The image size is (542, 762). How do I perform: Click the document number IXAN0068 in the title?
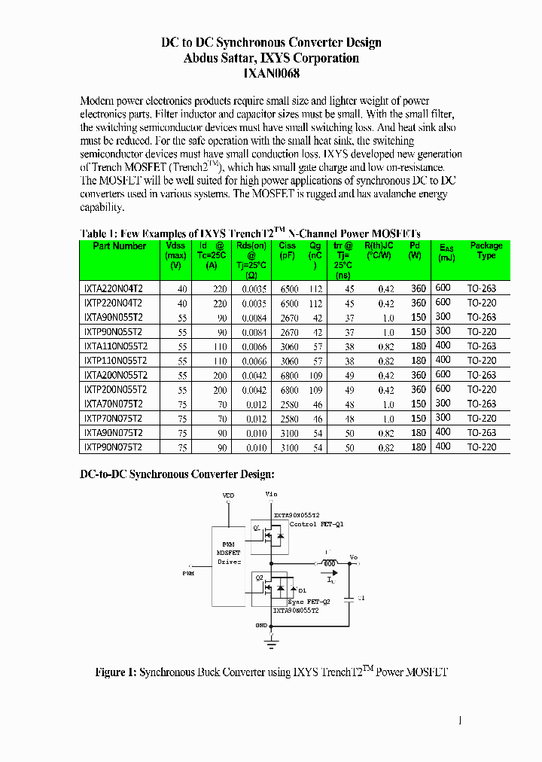click(272, 74)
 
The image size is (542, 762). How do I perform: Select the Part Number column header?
click(119, 246)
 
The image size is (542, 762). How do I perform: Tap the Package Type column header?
click(486, 251)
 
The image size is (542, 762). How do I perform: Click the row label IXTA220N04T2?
click(113, 288)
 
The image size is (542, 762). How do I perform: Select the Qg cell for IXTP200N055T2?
click(315, 390)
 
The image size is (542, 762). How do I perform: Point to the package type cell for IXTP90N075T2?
click(482, 447)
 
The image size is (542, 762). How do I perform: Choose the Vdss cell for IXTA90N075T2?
click(182, 433)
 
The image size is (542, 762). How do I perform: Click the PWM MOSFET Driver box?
click(230, 553)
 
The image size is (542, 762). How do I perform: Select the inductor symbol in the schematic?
click(329, 563)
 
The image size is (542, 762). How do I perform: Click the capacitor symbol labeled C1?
click(349, 600)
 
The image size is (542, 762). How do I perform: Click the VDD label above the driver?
click(228, 496)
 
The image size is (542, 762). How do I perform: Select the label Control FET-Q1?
click(315, 524)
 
